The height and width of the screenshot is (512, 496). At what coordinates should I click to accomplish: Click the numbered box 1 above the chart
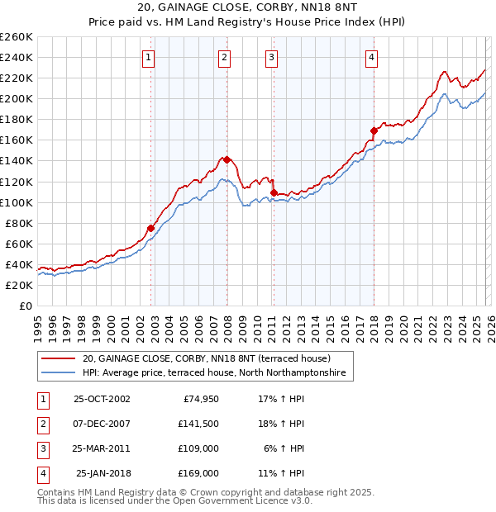[x=147, y=57]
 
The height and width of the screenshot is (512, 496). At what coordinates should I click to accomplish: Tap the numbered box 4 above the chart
[x=372, y=57]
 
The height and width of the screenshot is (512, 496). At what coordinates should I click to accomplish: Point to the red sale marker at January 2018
[x=374, y=130]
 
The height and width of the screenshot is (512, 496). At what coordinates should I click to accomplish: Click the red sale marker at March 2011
[x=274, y=192]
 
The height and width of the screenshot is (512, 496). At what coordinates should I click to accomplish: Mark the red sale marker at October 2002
[x=151, y=228]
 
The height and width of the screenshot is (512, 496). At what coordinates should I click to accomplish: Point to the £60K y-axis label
[x=18, y=244]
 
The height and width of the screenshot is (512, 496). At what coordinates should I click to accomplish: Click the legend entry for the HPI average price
[x=217, y=374]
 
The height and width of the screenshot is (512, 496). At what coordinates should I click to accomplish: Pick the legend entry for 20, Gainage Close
[x=206, y=359]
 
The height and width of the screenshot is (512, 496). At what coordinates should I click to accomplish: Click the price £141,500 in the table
[x=198, y=424]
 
